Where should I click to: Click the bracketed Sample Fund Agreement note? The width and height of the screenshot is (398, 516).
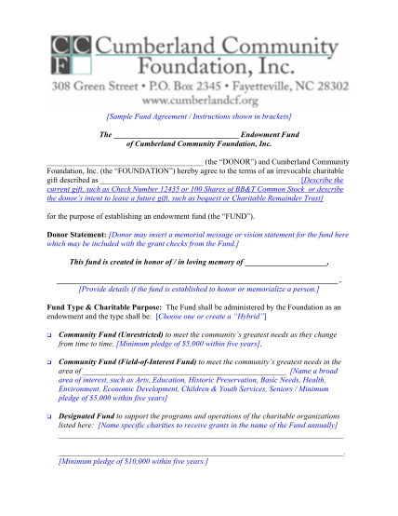click(199, 115)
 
